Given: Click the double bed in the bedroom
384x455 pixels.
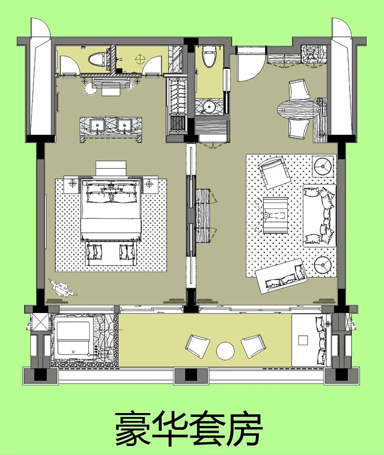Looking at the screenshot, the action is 111,210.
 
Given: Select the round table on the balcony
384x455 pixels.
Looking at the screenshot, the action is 225,350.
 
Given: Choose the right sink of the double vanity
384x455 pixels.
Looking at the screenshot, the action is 125,125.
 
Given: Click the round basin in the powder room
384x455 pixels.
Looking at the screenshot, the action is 209,107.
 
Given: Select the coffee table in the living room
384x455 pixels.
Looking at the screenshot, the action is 276,215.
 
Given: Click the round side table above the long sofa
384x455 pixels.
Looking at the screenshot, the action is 323,166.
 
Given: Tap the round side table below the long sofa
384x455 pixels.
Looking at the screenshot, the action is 323,264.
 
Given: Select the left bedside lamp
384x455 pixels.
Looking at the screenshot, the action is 73,183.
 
